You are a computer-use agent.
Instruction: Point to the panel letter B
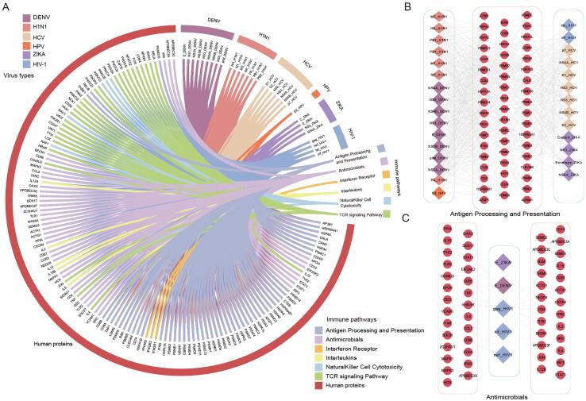pyautogui.click(x=406, y=6)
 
